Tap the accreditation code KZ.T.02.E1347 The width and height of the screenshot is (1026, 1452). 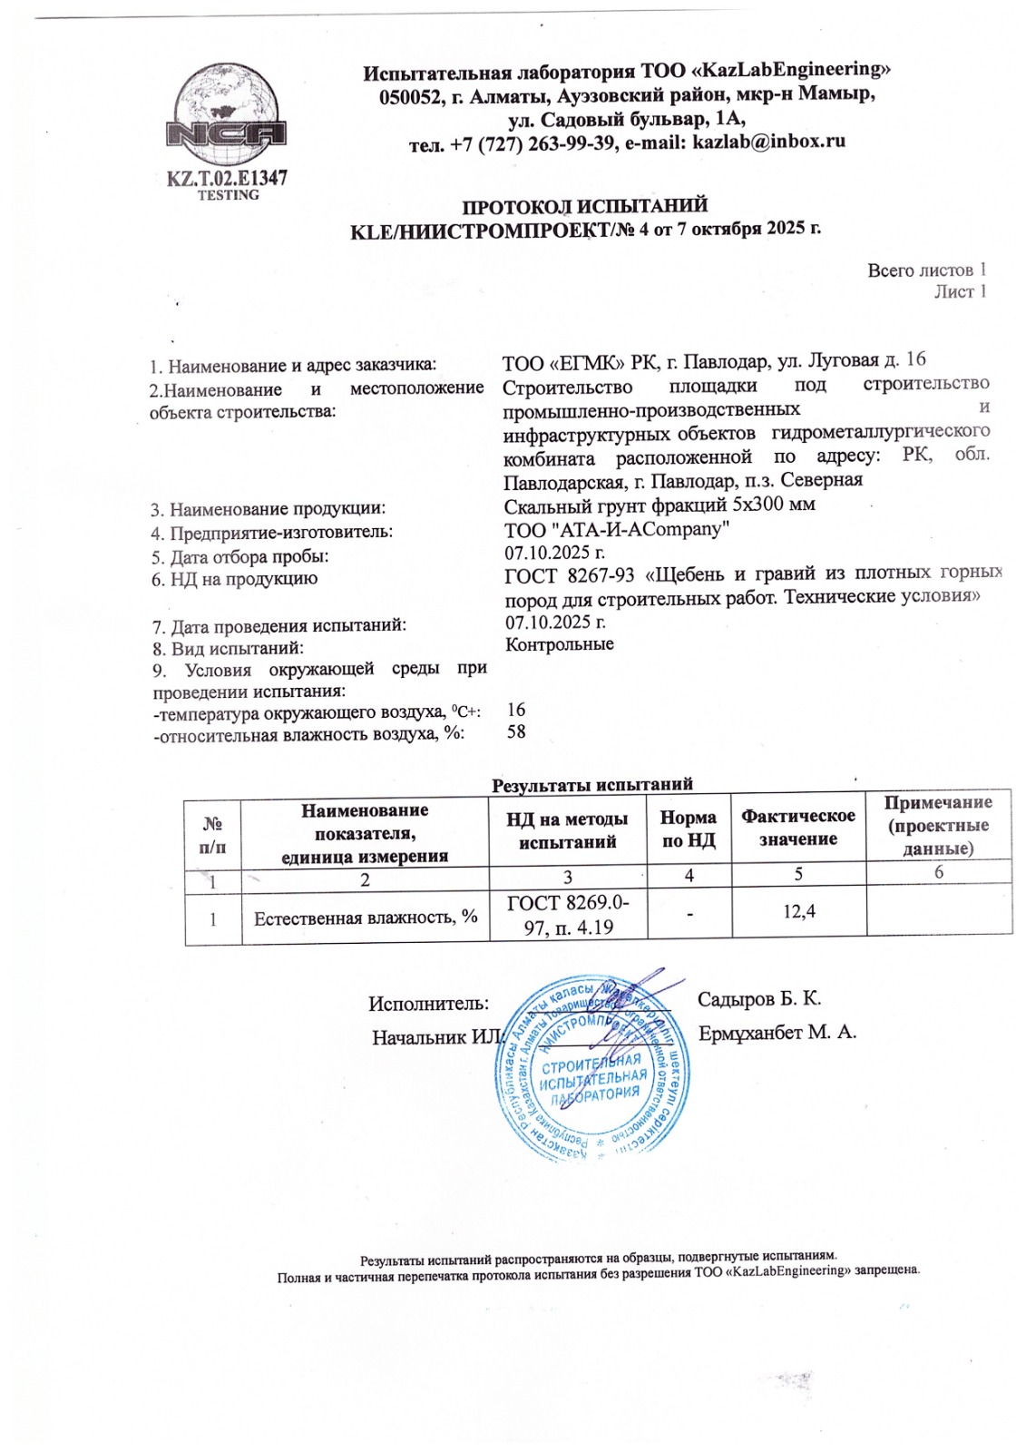[x=227, y=177]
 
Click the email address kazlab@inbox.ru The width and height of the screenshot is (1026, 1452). [x=768, y=142]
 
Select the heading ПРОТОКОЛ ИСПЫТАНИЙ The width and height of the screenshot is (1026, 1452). [x=585, y=206]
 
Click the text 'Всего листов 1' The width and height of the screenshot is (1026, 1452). [x=926, y=270]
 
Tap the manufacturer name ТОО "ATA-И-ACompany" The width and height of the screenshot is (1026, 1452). [x=617, y=529]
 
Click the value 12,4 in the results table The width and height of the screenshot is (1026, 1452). [x=798, y=910]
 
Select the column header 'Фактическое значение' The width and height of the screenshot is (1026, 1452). [x=798, y=827]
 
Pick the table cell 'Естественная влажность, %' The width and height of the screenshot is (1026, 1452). [x=366, y=917]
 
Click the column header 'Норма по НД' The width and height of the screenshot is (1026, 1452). [x=689, y=829]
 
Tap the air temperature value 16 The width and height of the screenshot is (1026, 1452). [x=516, y=710]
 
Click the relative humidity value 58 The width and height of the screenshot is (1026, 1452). [x=516, y=731]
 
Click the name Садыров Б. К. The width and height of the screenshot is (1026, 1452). [x=759, y=999]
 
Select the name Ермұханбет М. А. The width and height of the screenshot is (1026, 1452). [x=777, y=1033]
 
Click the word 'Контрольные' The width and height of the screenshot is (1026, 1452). [x=559, y=644]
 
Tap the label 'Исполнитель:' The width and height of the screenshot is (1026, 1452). [x=428, y=1004]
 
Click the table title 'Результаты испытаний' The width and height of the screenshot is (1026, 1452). [x=591, y=784]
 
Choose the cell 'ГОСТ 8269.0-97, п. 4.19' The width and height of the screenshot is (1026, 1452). [x=568, y=915]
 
